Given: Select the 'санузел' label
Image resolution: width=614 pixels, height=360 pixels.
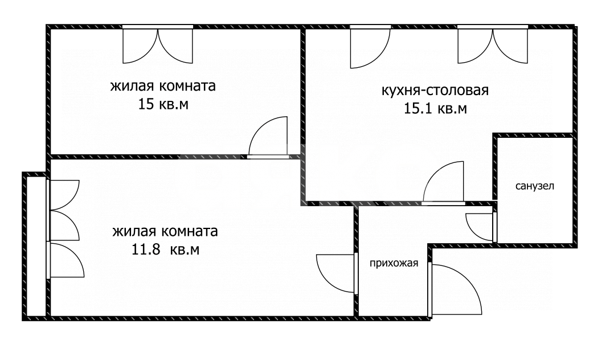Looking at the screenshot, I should coord(534,186).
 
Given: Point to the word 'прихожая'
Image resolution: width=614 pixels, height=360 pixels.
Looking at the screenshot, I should coord(394,263).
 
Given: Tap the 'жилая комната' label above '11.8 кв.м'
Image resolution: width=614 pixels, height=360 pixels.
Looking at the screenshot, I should coord(165,232).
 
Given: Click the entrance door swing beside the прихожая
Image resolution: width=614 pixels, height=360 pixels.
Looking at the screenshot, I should coord(456,288).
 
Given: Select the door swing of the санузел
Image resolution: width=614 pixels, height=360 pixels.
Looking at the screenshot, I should coord(480,227).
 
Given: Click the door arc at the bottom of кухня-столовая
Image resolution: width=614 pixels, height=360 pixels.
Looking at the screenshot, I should coord(443,182).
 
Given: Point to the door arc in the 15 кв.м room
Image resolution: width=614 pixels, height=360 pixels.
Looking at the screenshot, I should coord(268,137).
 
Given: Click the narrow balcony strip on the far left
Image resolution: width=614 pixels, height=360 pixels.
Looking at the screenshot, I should coord(35,245).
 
